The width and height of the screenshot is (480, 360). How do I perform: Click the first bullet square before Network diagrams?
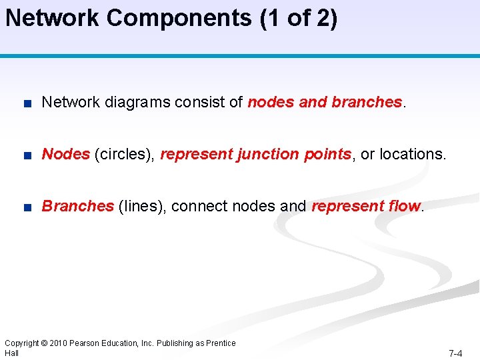point(25,103)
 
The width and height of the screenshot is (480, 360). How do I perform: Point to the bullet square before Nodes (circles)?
point(25,155)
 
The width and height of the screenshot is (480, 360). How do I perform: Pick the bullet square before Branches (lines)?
point(25,207)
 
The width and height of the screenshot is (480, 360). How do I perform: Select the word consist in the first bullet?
point(199,103)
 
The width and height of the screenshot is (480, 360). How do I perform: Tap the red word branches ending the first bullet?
point(367,103)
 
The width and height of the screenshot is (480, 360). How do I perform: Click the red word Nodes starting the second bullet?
point(65,154)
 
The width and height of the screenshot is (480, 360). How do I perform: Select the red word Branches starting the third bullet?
point(77,206)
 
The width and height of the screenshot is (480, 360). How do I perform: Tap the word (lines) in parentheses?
point(141,206)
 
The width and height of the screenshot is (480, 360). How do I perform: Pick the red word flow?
point(403,206)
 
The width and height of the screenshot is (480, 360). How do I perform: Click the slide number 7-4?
point(455,353)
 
